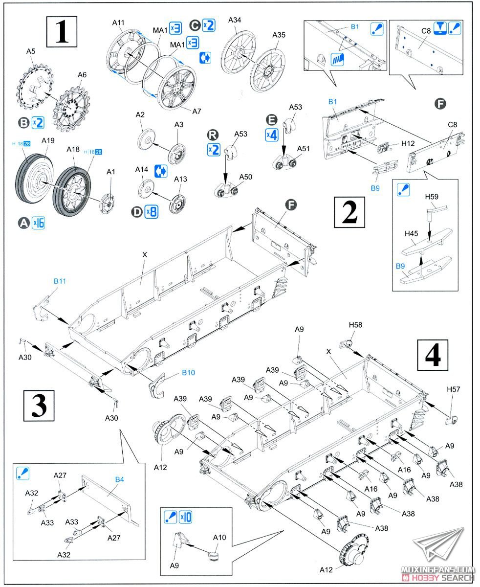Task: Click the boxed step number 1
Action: pyautogui.click(x=62, y=30)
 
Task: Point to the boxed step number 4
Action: pyautogui.click(x=433, y=355)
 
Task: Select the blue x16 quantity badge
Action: pyautogui.click(x=38, y=223)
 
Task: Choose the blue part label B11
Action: pyautogui.click(x=60, y=282)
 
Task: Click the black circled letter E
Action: pyautogui.click(x=272, y=120)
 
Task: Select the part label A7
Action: pyautogui.click(x=196, y=111)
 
